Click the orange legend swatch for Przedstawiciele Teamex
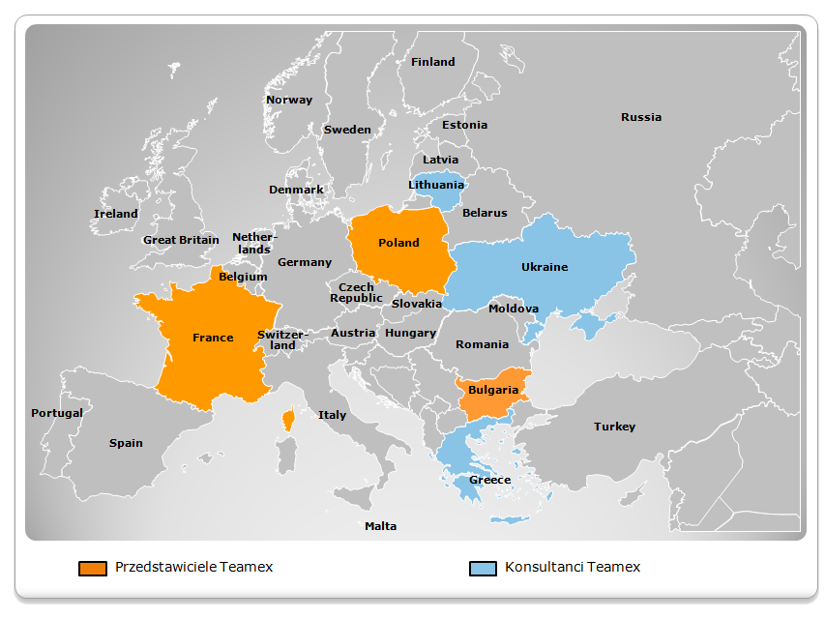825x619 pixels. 93,568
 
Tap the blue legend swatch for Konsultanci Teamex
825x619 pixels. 482,568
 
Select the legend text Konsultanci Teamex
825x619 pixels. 572,567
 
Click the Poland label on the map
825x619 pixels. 398,243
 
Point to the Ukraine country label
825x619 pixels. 545,267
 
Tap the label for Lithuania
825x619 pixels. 436,185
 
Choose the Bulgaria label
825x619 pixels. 493,391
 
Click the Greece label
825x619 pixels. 489,480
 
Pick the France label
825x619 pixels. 213,338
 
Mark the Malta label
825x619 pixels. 380,526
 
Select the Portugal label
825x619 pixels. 57,413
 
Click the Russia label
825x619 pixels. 641,117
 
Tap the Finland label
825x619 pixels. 432,62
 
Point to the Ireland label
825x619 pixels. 116,214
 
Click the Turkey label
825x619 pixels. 615,427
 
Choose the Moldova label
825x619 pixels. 514,309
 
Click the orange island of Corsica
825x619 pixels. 288,420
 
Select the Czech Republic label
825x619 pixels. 356,292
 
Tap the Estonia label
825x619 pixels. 464,125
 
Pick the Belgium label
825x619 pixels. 243,277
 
